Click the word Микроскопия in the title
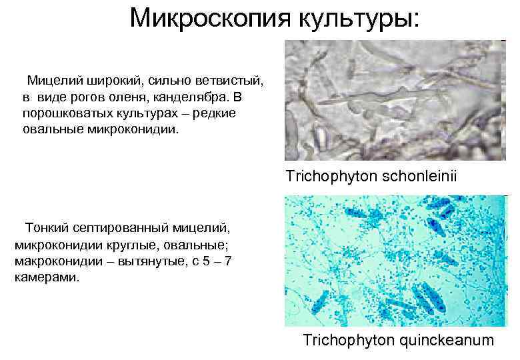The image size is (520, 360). pyautogui.click(x=207, y=18)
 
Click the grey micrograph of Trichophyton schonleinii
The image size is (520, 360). pyautogui.click(x=393, y=101)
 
